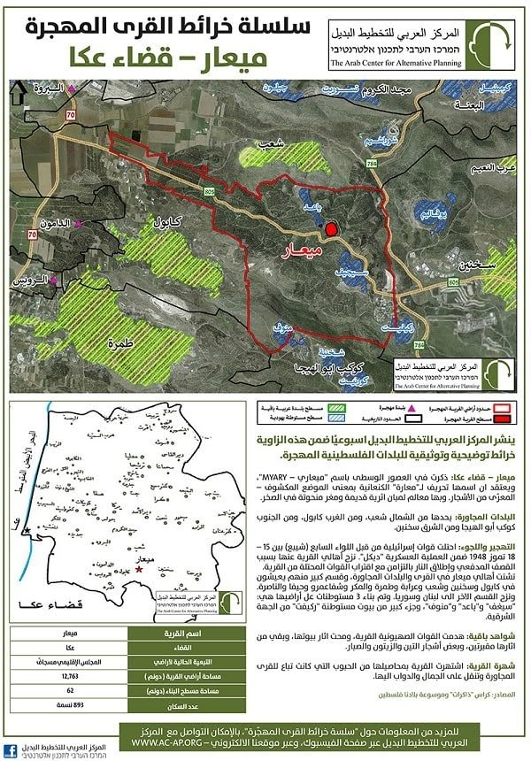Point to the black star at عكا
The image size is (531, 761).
click(30, 529)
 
